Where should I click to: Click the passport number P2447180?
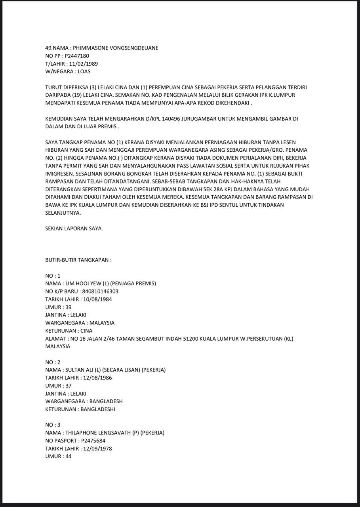[77, 56]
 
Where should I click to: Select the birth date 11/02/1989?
[84, 64]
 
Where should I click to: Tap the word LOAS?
[84, 72]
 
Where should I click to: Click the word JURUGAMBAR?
[201, 118]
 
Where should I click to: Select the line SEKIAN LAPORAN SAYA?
[74, 229]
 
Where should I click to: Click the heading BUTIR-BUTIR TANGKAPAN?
[78, 260]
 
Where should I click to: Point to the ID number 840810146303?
[100, 291]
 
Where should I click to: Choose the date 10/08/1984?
[97, 299]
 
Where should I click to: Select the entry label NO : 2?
[53, 362]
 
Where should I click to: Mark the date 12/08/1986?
[97, 377]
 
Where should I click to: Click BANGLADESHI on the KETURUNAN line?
[97, 409]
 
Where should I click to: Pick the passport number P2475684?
[93, 440]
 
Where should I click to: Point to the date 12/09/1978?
[97, 448]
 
